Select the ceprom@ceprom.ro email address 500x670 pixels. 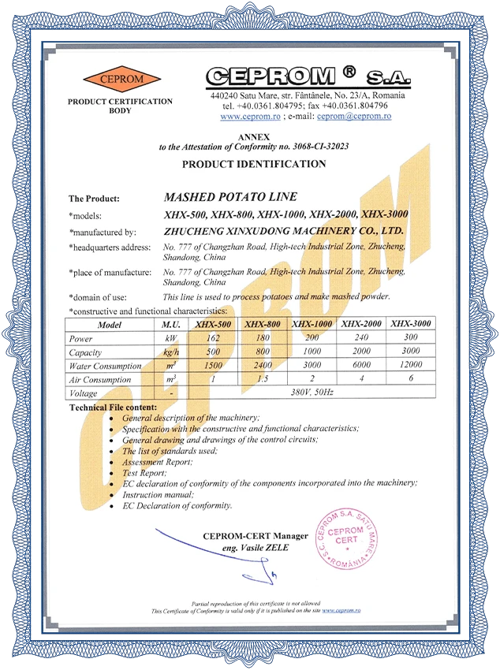pos(354,116)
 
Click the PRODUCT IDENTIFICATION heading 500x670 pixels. pos(254,164)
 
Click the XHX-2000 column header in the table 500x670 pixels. pos(362,324)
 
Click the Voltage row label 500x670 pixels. pos(84,393)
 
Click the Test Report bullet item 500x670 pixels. pos(144,472)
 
